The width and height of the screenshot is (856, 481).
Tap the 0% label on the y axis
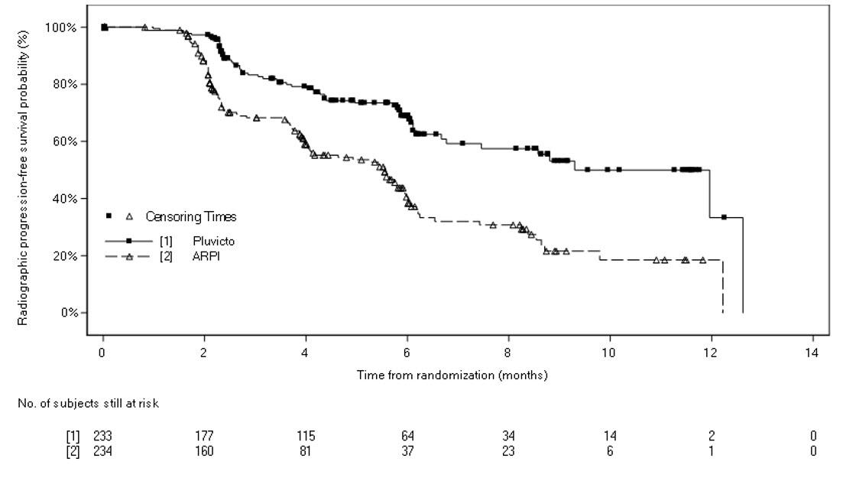(x=70, y=313)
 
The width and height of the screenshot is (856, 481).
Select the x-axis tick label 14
(x=812, y=353)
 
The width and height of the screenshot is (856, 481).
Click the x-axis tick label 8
(x=508, y=353)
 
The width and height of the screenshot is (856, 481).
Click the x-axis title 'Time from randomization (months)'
(x=452, y=375)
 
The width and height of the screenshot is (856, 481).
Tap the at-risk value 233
(x=102, y=436)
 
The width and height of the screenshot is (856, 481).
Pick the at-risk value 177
(x=204, y=436)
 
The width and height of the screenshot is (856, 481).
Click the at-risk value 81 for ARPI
(x=306, y=451)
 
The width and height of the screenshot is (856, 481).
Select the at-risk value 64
(x=407, y=436)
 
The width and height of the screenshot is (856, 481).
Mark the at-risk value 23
(x=508, y=451)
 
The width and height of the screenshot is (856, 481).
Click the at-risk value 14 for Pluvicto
(x=610, y=436)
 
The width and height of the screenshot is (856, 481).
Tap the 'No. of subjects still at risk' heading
(x=89, y=405)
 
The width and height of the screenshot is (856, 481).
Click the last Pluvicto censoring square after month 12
(x=724, y=217)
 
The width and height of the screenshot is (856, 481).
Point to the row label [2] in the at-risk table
(x=73, y=451)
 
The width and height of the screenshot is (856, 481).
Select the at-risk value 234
(x=102, y=451)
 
